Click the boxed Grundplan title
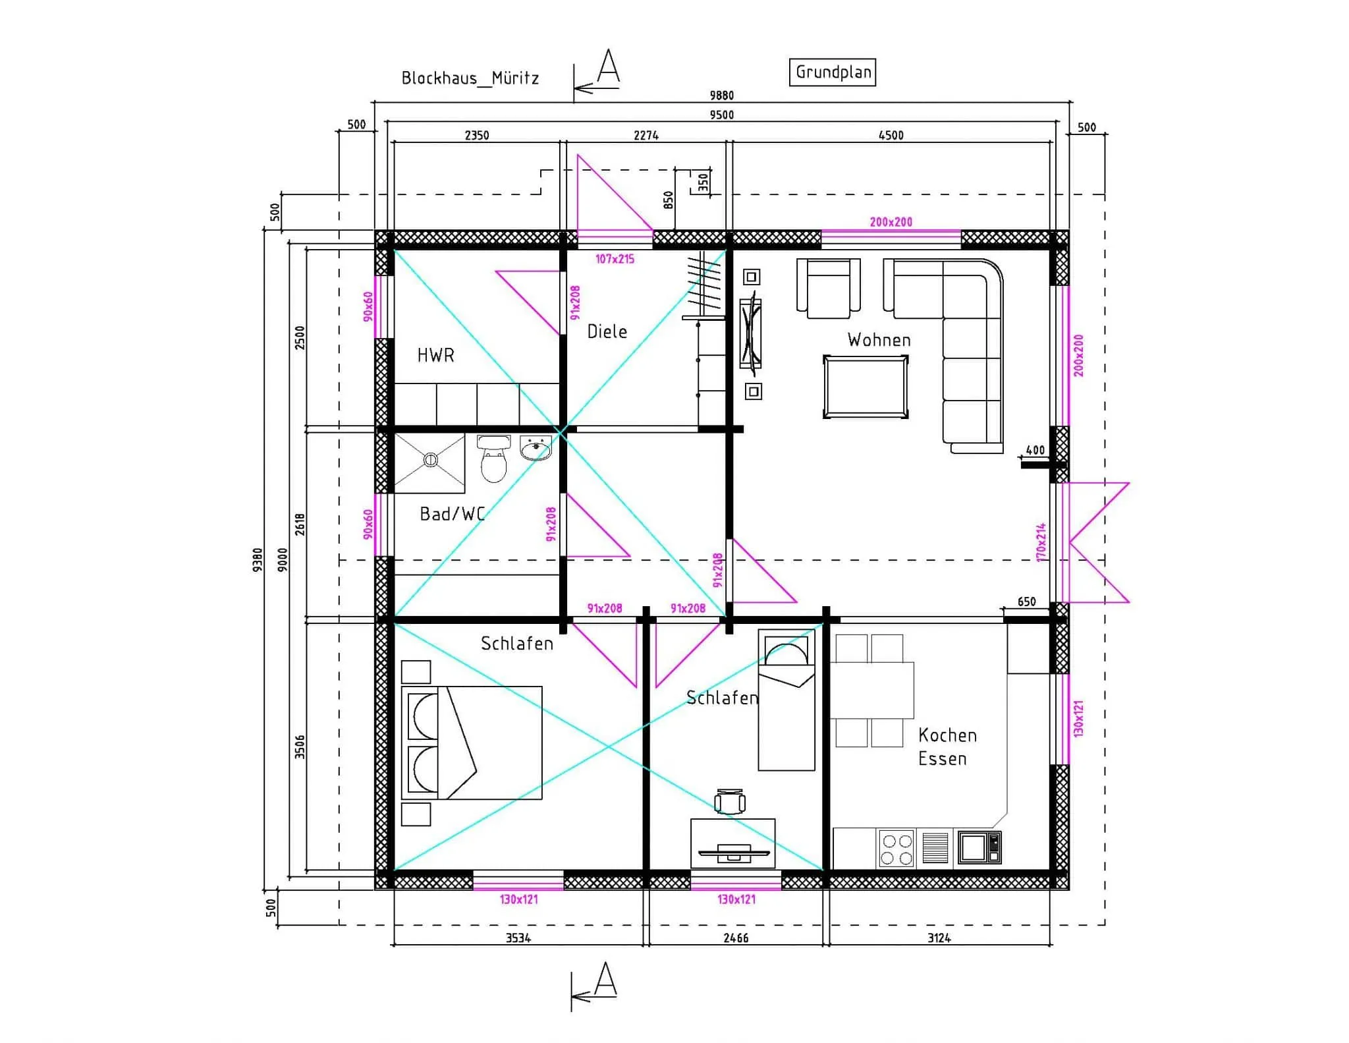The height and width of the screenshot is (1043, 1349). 833,72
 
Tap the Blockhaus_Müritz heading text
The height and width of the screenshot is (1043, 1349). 470,78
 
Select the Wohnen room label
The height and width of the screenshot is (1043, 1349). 879,340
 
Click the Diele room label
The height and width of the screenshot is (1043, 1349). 607,331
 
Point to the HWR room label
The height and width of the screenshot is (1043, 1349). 435,356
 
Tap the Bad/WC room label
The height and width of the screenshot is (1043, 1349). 453,514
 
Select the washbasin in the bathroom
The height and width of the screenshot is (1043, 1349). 536,447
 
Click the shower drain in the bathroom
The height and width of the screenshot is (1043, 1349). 430,460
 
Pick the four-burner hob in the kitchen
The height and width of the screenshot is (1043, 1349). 896,849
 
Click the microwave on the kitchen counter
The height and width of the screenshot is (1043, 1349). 979,847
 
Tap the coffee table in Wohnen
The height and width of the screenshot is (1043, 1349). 866,387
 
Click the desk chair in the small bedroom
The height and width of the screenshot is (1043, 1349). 730,801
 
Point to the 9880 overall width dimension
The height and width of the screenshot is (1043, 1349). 721,96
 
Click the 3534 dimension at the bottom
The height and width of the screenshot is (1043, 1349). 518,938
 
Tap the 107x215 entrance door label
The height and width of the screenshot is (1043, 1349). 615,259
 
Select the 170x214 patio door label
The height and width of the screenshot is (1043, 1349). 1041,542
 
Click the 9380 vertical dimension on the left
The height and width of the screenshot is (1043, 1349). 258,559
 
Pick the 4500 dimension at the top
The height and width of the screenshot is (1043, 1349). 891,135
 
